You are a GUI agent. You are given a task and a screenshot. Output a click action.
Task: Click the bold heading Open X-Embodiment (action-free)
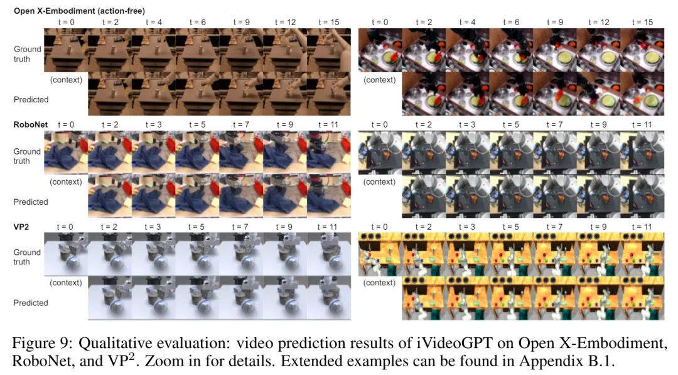pos(80,11)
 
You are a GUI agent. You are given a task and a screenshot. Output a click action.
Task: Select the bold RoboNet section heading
pos(31,125)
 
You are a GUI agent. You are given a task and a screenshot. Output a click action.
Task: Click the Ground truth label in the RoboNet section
pos(27,156)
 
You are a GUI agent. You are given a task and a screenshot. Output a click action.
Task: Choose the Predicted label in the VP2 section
pos(31,303)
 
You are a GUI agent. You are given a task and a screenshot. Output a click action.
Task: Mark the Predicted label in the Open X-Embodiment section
pos(31,99)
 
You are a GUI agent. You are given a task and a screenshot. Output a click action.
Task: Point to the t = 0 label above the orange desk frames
pos(379,227)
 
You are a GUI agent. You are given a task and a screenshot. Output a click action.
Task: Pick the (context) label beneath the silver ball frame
pos(66,283)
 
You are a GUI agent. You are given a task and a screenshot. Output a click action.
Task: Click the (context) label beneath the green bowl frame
pos(380,80)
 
